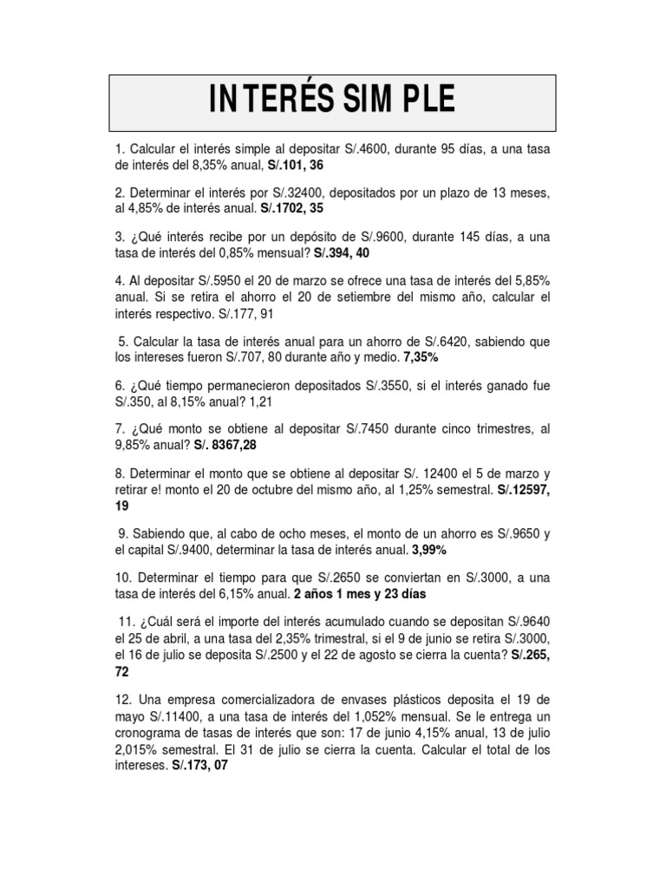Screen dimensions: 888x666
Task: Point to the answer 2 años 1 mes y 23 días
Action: (x=360, y=594)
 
